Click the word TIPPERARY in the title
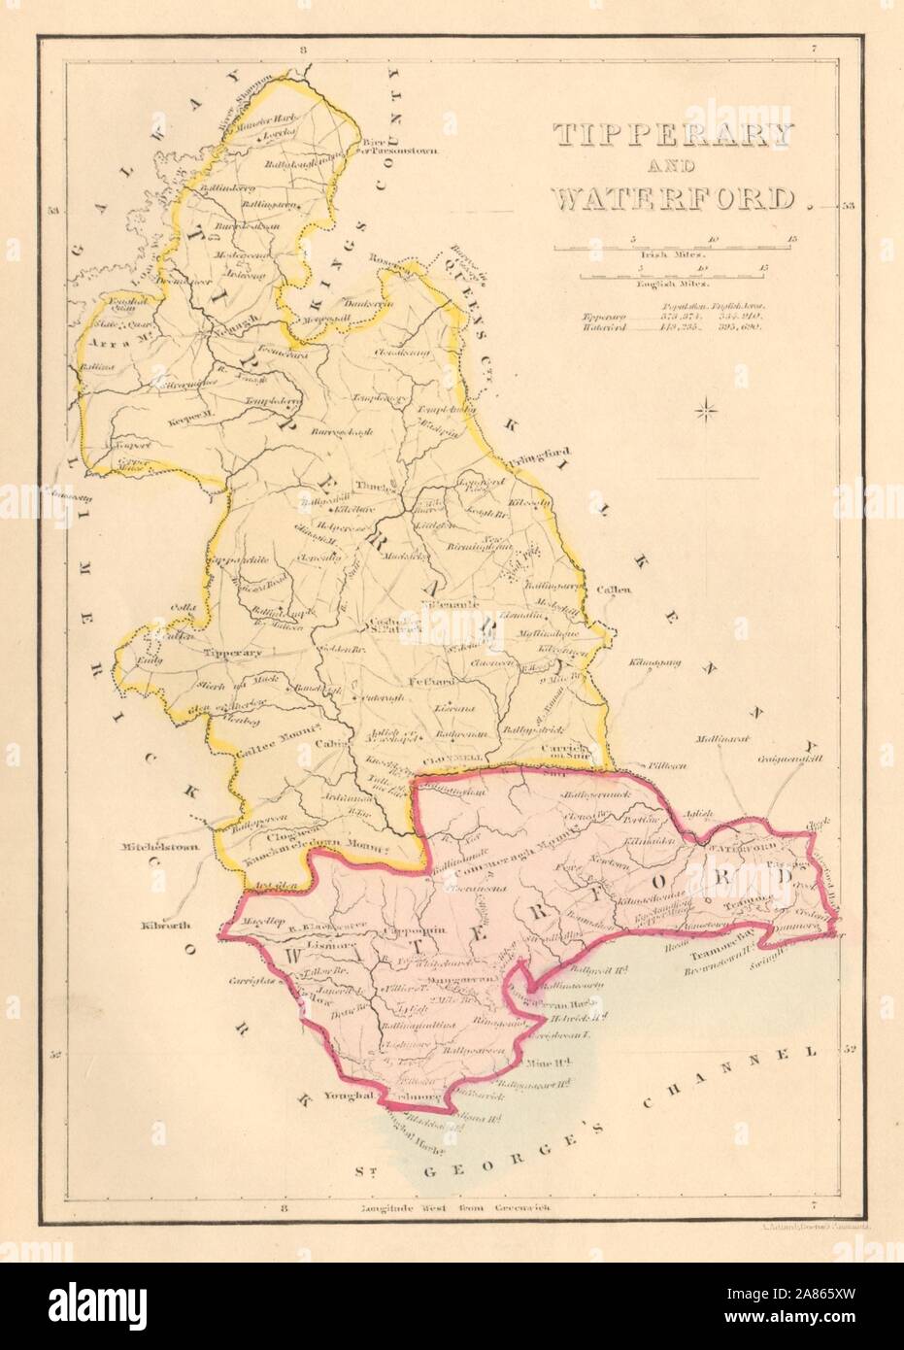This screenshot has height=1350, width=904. (x=673, y=135)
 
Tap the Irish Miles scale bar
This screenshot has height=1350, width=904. (x=672, y=244)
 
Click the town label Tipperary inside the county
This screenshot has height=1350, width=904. (x=232, y=653)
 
